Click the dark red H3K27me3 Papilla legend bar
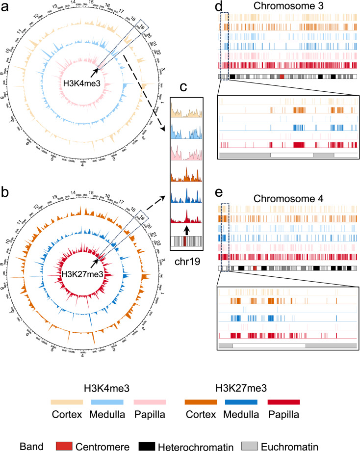click(x=284, y=402)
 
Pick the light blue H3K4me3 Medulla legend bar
click(x=108, y=402)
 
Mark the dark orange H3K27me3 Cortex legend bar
click(x=201, y=402)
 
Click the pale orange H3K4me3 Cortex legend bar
click(x=66, y=402)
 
